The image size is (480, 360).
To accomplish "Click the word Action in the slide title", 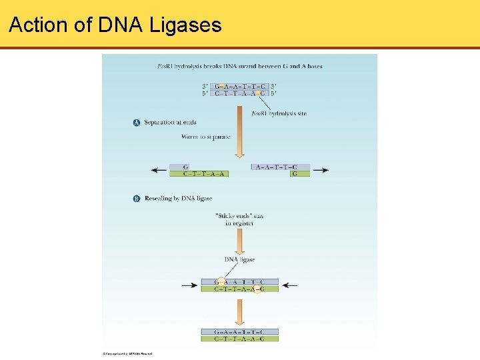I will click(x=39, y=25).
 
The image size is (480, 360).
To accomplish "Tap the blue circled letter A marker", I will click(x=137, y=123).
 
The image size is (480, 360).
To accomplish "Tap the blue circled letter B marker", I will click(x=137, y=199).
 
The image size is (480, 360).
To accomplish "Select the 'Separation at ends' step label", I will click(x=170, y=123).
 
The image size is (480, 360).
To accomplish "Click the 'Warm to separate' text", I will click(x=206, y=137).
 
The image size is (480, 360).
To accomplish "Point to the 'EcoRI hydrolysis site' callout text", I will click(x=279, y=114).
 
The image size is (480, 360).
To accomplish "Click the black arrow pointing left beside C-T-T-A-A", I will click(x=159, y=171).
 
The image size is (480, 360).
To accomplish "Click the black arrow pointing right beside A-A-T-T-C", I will click(x=321, y=171).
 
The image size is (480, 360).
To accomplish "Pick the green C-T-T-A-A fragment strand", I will click(x=199, y=174).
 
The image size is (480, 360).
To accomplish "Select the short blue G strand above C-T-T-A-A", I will click(x=185, y=167).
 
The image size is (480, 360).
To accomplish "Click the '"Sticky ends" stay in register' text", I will click(x=239, y=219).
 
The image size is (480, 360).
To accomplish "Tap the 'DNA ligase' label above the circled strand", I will click(x=239, y=259).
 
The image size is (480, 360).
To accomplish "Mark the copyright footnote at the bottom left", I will click(x=128, y=353).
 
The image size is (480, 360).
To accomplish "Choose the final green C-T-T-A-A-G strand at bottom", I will click(x=239, y=339).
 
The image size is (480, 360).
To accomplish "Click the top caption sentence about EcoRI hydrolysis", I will click(x=239, y=67).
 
